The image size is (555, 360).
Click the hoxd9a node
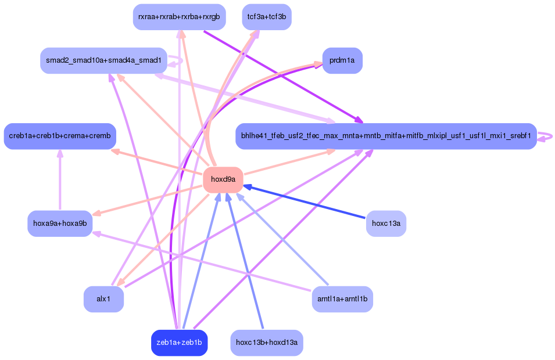point(223,179)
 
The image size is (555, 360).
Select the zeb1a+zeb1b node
point(179,343)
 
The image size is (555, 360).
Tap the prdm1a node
point(342,60)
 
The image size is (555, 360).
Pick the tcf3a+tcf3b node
point(267,17)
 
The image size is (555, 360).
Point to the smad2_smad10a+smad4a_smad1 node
point(103,60)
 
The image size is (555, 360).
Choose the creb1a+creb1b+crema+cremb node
point(60,136)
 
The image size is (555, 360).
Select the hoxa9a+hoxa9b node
point(60,224)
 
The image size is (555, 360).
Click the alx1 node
point(103,299)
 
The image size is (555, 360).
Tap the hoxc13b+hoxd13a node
point(267,343)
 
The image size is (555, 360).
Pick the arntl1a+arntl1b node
point(342,299)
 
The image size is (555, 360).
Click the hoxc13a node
point(386,224)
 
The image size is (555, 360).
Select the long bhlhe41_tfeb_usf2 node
point(386,136)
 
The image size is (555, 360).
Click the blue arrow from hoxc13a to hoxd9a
point(308,203)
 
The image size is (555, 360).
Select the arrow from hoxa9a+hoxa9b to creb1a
point(60,180)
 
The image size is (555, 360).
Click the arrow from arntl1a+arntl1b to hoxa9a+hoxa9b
point(203,261)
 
